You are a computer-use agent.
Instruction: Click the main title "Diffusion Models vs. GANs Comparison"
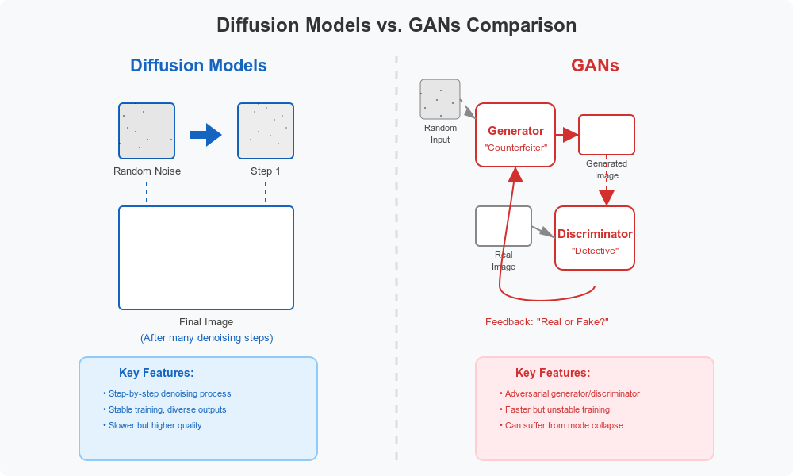pyautogui.click(x=396, y=25)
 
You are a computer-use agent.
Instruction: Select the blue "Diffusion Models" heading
pyautogui.click(x=198, y=66)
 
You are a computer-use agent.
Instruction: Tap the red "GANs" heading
pyautogui.click(x=595, y=66)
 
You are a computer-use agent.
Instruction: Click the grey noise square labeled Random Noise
pyautogui.click(x=147, y=131)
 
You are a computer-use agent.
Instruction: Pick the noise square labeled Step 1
pyautogui.click(x=266, y=131)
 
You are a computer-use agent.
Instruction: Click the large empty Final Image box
pyautogui.click(x=206, y=258)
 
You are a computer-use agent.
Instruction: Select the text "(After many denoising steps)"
pyautogui.click(x=206, y=338)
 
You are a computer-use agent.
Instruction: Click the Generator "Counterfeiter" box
pyautogui.click(x=515, y=135)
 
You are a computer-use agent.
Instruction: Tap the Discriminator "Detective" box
pyautogui.click(x=595, y=238)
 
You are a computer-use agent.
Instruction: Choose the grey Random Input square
pyautogui.click(x=440, y=99)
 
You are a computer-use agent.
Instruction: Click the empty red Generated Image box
pyautogui.click(x=607, y=135)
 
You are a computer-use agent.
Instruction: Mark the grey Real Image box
pyautogui.click(x=504, y=226)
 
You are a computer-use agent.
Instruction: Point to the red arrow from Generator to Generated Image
pyautogui.click(x=567, y=135)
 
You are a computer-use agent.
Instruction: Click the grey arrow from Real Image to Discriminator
pyautogui.click(x=542, y=231)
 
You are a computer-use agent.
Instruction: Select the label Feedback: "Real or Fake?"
pyautogui.click(x=547, y=322)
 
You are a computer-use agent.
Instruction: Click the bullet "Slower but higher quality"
pyautogui.click(x=155, y=425)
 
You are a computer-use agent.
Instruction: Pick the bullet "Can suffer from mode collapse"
pyautogui.click(x=563, y=425)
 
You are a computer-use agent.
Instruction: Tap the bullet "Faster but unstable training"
pyautogui.click(x=557, y=409)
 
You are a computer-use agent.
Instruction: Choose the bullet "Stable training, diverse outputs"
pyautogui.click(x=167, y=409)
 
